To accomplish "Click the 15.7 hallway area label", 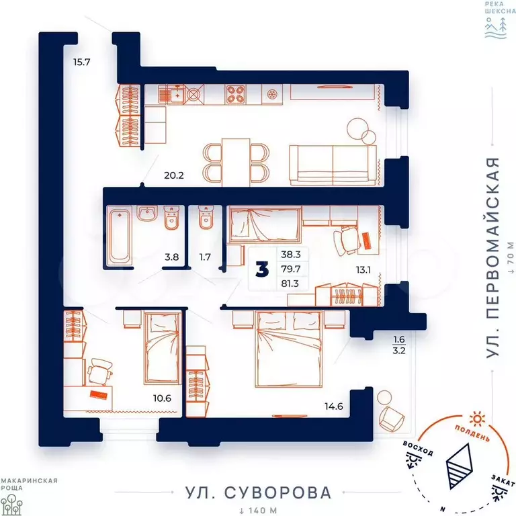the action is tap(81, 62).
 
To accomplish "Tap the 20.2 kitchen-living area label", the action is tap(174, 175).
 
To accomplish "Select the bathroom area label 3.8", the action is tap(172, 257).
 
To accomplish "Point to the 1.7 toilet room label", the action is tap(205, 257).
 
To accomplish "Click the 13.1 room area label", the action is tap(363, 270).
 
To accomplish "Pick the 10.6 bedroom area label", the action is tap(162, 398).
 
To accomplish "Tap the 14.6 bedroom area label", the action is tap(334, 406).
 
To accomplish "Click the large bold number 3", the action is tap(262, 270).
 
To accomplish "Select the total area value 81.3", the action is tap(290, 284).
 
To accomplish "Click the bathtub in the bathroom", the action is tap(120, 235).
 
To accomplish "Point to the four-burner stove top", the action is tap(236, 95).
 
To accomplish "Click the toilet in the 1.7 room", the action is tap(206, 217).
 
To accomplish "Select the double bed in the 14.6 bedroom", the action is tap(289, 349).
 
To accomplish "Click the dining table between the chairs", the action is tap(236, 163).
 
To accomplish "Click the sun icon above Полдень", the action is tap(477, 419).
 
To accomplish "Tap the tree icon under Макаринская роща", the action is tap(11, 504).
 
